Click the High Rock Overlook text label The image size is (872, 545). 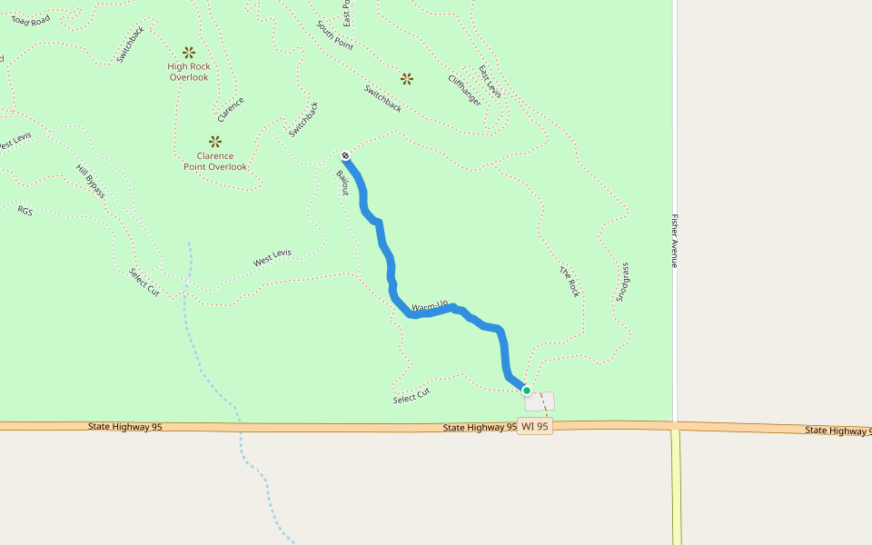[189, 72]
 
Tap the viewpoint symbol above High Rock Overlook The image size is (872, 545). [189, 53]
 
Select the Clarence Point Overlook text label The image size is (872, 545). [215, 161]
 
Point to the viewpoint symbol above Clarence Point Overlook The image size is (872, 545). [215, 141]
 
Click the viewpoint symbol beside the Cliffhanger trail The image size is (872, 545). [407, 79]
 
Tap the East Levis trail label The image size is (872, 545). [490, 82]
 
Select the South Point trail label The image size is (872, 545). [335, 35]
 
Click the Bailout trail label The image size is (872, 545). [342, 182]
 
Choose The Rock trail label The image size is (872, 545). [570, 282]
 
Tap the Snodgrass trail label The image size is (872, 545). [622, 282]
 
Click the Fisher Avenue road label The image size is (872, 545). [675, 241]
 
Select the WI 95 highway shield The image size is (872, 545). [535, 426]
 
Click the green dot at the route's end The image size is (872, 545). [526, 391]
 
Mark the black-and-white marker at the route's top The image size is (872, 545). [346, 155]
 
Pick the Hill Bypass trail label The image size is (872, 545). [91, 181]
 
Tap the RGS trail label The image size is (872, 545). [25, 210]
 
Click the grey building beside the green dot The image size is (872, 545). [541, 401]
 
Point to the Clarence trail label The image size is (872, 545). [231, 110]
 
